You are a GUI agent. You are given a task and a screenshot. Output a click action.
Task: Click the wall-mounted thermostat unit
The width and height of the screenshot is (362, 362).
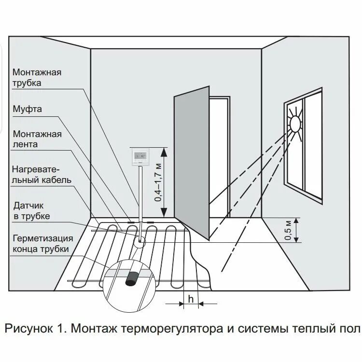tap(140, 157)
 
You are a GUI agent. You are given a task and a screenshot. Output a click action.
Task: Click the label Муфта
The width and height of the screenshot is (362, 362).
tap(28, 109)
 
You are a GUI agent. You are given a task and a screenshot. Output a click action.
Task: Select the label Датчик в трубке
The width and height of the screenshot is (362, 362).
tap(31, 211)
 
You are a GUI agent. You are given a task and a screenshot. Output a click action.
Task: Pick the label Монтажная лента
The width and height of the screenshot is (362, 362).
tap(37, 139)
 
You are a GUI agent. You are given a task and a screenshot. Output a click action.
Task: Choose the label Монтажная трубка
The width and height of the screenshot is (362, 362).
tap(37, 78)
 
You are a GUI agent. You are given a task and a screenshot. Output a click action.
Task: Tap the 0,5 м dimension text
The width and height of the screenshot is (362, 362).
tap(288, 230)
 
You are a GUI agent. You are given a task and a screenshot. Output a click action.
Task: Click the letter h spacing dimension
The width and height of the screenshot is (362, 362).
tap(191, 299)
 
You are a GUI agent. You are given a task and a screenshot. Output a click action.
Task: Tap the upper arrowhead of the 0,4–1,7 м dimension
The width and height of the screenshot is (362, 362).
tap(165, 151)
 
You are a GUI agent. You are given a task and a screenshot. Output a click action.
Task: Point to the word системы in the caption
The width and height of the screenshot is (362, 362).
tap(258, 329)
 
